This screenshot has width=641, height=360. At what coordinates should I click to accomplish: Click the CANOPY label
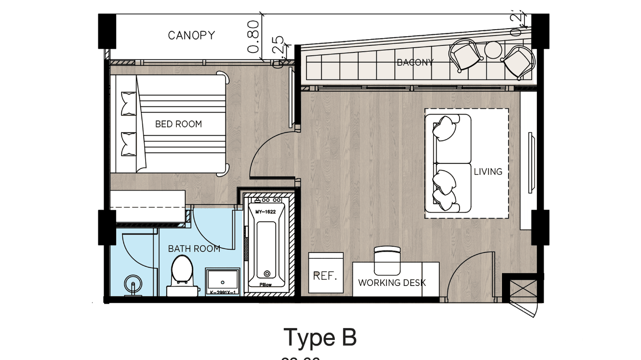pos(191,35)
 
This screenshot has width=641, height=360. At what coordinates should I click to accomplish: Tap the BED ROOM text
pos(178,124)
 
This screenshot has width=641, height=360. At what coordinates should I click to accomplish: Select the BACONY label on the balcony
pos(415,62)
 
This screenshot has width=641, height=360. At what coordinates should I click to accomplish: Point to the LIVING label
pos(488,171)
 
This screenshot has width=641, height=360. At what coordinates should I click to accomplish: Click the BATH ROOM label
pos(194,249)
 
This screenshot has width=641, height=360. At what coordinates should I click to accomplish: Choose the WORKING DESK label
pos(392,283)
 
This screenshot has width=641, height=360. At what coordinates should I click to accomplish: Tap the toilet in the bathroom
pos(181,275)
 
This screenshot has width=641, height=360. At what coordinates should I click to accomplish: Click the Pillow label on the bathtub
pos(266,285)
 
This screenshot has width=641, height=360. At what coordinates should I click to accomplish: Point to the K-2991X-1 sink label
pos(223,292)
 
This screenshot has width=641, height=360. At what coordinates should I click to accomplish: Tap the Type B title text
pos(320,338)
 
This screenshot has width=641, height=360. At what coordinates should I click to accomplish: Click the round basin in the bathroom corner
pos(133,285)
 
